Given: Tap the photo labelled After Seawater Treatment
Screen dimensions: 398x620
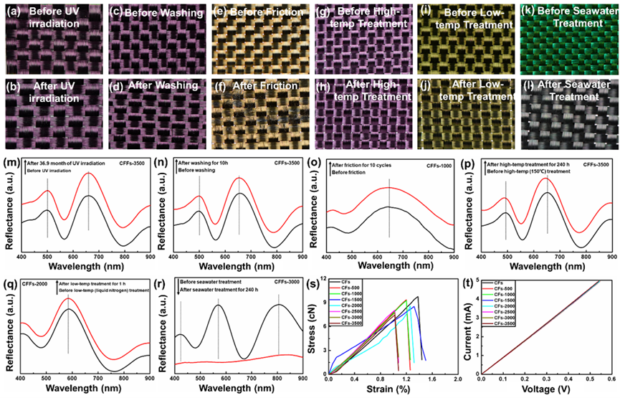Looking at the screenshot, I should pos(566,103).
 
